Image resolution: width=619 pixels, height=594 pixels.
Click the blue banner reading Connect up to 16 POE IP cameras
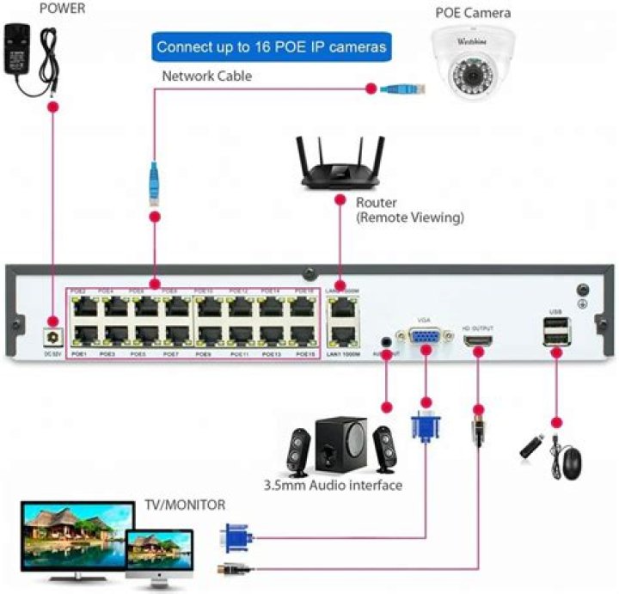271,46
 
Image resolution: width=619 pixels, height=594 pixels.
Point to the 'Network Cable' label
207,77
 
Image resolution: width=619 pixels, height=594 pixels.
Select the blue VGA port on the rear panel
424,338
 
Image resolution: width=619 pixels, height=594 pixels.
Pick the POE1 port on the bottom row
83,334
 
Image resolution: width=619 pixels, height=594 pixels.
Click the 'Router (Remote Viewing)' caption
409,211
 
